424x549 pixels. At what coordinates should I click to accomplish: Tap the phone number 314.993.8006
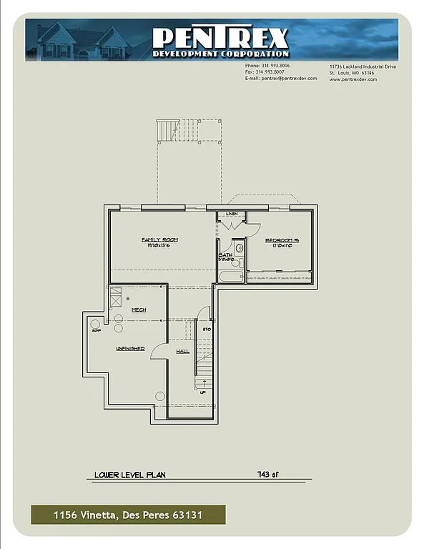click(272, 66)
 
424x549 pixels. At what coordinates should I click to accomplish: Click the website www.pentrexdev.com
click(353, 79)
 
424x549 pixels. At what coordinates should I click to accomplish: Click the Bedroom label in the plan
click(281, 240)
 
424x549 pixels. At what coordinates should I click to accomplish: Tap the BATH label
click(225, 254)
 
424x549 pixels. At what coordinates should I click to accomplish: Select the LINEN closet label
click(232, 214)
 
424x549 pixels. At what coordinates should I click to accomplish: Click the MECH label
click(139, 310)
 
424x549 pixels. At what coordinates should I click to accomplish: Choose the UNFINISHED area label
click(130, 348)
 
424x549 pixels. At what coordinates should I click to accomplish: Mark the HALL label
click(182, 352)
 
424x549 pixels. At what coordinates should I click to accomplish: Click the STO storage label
click(207, 330)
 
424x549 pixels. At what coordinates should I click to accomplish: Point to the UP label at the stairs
click(202, 392)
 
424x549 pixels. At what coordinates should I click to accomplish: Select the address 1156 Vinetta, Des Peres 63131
click(128, 515)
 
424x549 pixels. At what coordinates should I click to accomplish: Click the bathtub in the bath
click(230, 276)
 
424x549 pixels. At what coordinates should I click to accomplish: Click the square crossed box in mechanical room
click(115, 295)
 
